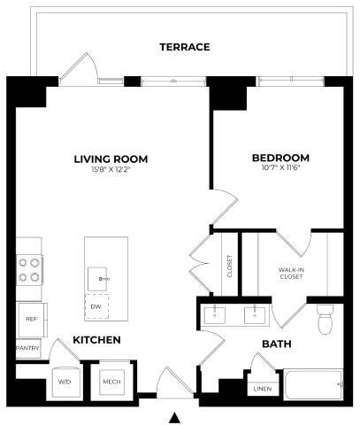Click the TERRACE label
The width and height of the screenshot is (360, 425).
pyautogui.click(x=184, y=46)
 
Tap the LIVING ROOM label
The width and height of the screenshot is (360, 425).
pyautogui.click(x=111, y=159)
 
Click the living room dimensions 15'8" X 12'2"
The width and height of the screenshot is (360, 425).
pyautogui.click(x=111, y=171)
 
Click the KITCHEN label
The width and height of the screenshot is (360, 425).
pyautogui.click(x=96, y=340)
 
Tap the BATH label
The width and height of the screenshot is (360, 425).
pyautogui.click(x=275, y=344)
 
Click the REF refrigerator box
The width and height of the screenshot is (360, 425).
pyautogui.click(x=32, y=316)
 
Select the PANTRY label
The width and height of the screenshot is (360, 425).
pyautogui.click(x=28, y=349)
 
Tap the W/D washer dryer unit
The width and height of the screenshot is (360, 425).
pyautogui.click(x=65, y=381)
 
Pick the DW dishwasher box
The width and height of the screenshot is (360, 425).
pyautogui.click(x=96, y=306)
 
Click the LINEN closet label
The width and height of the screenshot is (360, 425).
pyautogui.click(x=262, y=388)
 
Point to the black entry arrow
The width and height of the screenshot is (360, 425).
pyautogui.click(x=175, y=416)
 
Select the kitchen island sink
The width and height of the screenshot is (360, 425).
pyautogui.click(x=100, y=278)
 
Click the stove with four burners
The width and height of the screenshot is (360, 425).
pyautogui.click(x=29, y=268)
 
